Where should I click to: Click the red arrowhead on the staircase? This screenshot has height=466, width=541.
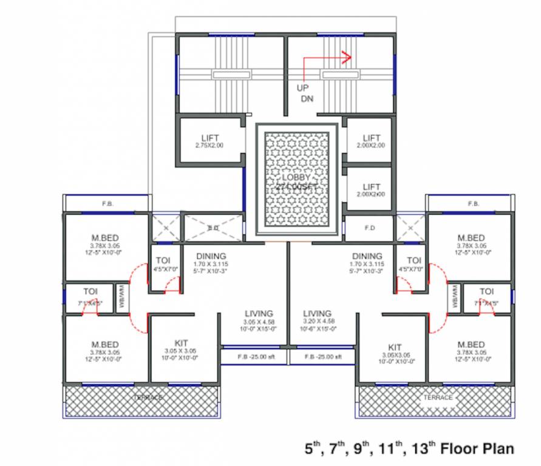[347, 58]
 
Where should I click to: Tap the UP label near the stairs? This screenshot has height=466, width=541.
[302, 87]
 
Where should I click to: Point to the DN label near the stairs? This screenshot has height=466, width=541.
[307, 98]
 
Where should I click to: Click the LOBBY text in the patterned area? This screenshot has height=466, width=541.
[296, 177]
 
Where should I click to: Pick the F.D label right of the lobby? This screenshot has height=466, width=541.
[369, 229]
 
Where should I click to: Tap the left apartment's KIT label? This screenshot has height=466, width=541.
[180, 342]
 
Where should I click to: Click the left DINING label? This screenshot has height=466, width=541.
[211, 256]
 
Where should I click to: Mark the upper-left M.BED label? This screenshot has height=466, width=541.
[106, 237]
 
